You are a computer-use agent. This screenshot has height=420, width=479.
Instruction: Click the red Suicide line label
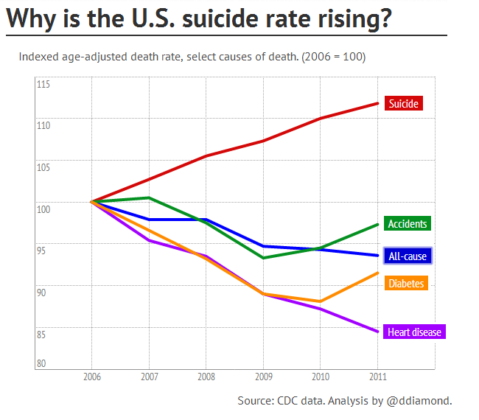pyautogui.click(x=404, y=104)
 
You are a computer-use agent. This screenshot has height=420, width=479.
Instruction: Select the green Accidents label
pyautogui.click(x=408, y=223)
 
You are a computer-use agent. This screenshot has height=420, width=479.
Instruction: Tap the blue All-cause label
pyautogui.click(x=407, y=256)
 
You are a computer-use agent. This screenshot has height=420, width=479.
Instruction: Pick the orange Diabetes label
pyautogui.click(x=407, y=283)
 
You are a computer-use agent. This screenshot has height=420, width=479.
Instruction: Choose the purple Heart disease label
pyautogui.click(x=414, y=332)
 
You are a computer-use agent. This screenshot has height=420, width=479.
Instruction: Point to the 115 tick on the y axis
pyautogui.click(x=43, y=85)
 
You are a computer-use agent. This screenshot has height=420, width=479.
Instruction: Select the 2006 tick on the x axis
pyautogui.click(x=91, y=377)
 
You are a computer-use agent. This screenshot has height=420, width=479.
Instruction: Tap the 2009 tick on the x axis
pyautogui.click(x=263, y=377)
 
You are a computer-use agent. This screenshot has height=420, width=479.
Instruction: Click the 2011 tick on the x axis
pyautogui.click(x=377, y=377)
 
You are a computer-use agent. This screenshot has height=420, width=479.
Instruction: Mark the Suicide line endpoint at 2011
pyautogui.click(x=377, y=103)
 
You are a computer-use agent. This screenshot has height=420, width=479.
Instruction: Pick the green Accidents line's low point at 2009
pyautogui.click(x=263, y=258)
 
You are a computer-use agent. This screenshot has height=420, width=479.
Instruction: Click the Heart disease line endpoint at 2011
pyautogui.click(x=377, y=332)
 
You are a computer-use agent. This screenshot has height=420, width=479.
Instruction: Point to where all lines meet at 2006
pyautogui.click(x=91, y=201)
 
